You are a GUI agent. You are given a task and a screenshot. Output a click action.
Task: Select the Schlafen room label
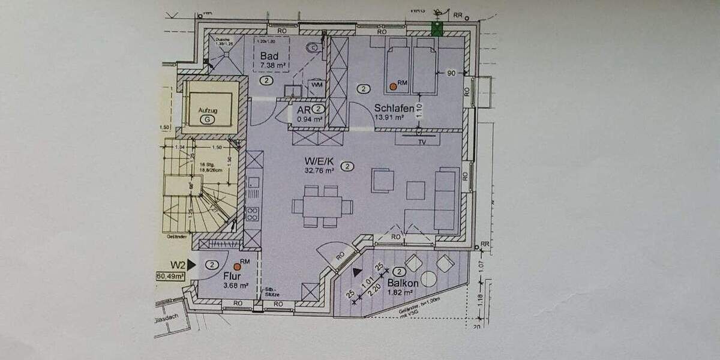tap(394, 109)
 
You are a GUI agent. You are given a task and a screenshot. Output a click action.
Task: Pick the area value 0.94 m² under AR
tap(310, 119)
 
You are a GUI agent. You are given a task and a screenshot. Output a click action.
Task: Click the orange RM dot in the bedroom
tap(393, 86)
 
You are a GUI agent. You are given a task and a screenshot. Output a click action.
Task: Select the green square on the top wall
tap(437, 29)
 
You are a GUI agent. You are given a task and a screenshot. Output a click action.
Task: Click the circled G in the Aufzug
tap(208, 119)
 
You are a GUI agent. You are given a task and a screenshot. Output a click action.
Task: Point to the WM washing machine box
tap(317, 85)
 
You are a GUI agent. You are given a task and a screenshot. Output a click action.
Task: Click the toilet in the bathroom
tap(313, 47)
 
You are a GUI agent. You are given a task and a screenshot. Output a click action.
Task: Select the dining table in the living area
tap(322, 206)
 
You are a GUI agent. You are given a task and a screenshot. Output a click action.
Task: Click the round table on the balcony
tap(428, 278)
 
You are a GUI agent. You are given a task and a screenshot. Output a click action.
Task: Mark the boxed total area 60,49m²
tap(170, 276)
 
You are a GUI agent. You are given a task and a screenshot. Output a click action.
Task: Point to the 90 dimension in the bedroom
tap(452, 73)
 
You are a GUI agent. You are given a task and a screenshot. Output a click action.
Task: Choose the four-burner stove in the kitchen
tap(253, 212)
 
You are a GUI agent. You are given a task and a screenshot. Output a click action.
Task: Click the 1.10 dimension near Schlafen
tap(419, 111)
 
